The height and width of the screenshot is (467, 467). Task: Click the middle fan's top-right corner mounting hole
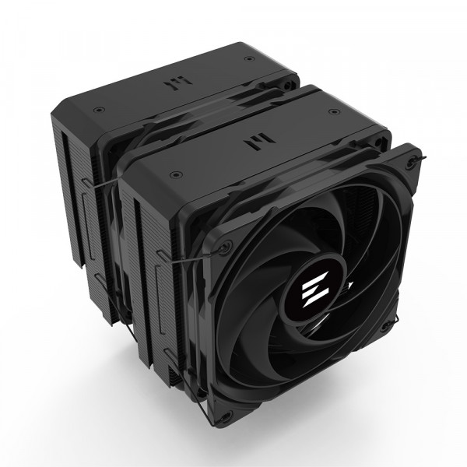coord(379,143)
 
